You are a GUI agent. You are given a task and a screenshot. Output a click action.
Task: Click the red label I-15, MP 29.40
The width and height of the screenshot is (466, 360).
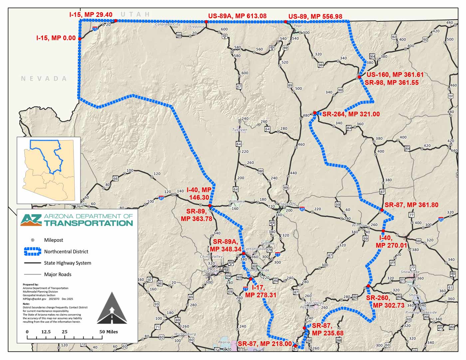point(91,15)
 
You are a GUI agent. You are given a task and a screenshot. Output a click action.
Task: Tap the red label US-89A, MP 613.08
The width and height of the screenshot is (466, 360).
point(237,16)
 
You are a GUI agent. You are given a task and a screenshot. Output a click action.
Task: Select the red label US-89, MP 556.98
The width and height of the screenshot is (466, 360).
point(315,16)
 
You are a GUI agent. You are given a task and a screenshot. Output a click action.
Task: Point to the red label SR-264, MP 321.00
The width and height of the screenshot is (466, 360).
point(351,114)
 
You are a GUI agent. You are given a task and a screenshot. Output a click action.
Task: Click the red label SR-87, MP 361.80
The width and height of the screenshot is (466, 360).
point(411,205)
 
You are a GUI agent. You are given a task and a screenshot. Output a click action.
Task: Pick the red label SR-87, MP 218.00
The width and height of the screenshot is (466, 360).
point(265,344)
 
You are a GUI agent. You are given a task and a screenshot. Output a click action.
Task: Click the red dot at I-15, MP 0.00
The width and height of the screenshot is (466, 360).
point(80,39)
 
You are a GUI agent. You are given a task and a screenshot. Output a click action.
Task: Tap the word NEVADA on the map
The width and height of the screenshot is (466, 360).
point(44,79)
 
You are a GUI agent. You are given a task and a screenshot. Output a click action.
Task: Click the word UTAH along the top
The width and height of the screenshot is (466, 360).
point(135,14)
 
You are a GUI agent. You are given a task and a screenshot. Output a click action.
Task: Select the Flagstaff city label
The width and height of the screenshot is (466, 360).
point(287,204)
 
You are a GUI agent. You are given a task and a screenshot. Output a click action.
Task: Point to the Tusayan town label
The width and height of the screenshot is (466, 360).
point(240,130)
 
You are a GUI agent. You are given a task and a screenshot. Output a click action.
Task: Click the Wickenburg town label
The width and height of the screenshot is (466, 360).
point(185,334)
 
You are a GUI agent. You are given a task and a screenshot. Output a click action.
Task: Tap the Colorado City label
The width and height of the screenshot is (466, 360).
point(168,24)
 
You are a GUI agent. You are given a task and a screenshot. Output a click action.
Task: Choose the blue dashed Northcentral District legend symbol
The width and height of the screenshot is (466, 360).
point(33,252)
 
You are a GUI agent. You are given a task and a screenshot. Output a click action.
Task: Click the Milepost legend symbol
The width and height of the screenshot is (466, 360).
point(33,240)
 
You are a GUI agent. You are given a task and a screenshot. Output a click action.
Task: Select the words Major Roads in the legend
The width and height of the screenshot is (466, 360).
point(58,274)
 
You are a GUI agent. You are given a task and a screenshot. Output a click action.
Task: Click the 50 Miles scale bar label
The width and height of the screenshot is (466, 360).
point(109,332)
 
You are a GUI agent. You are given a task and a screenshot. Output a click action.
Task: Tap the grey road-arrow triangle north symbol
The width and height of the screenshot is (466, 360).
point(112,308)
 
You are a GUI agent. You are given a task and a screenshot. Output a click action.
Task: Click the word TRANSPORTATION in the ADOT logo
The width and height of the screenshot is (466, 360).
point(89,223)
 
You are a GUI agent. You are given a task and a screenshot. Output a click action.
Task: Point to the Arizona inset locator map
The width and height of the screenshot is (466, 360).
point(49,170)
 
